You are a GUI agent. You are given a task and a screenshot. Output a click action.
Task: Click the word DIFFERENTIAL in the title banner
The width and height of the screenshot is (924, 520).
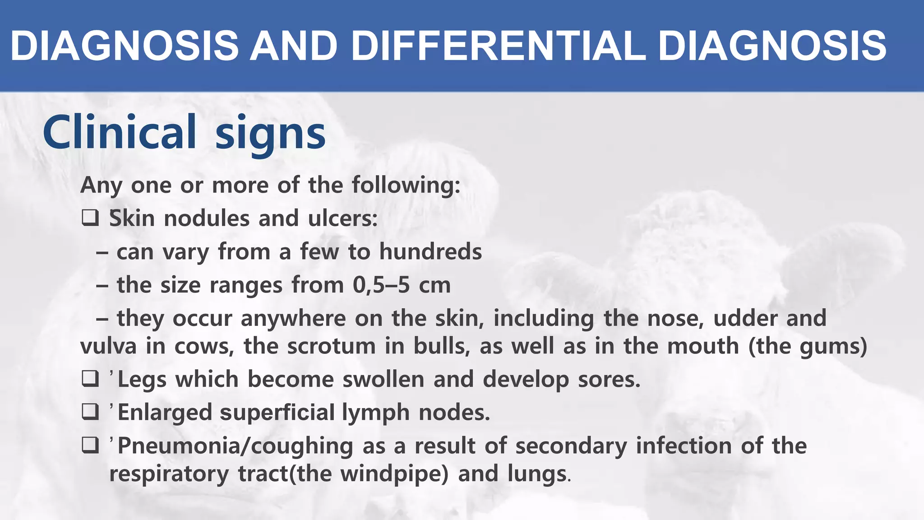coord(498,46)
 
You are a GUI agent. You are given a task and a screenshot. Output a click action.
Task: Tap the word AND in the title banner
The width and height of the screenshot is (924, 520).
coord(294,46)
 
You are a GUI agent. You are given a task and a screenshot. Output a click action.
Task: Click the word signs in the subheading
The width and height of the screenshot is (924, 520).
coord(270,134)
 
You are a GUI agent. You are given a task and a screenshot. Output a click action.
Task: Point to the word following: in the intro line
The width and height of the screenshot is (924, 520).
coord(406,185)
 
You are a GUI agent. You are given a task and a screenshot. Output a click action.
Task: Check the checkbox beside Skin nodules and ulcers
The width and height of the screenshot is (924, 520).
coord(90,218)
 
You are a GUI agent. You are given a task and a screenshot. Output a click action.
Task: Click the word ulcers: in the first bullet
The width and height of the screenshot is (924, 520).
coord(343,218)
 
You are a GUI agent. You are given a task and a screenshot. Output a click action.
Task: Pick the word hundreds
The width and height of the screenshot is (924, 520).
coord(430,251)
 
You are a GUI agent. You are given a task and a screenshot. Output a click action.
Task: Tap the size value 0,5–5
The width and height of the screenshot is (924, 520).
coord(381,285)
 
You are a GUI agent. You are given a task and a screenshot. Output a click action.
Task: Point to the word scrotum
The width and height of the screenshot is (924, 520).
coord(331,346)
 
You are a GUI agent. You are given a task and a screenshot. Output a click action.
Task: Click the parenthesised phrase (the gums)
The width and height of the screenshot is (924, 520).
coord(808,346)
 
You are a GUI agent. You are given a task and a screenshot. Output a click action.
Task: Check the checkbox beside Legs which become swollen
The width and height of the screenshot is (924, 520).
coord(90,379)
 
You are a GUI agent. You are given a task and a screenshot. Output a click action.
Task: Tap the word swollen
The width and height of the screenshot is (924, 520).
coord(383,379)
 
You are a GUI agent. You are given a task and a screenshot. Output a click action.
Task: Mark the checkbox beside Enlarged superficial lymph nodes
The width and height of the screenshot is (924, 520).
coord(90,412)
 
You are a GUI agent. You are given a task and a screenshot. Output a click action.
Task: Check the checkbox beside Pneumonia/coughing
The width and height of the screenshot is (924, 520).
coord(90,446)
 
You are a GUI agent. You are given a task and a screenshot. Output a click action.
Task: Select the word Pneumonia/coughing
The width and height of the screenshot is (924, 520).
coord(235,446)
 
